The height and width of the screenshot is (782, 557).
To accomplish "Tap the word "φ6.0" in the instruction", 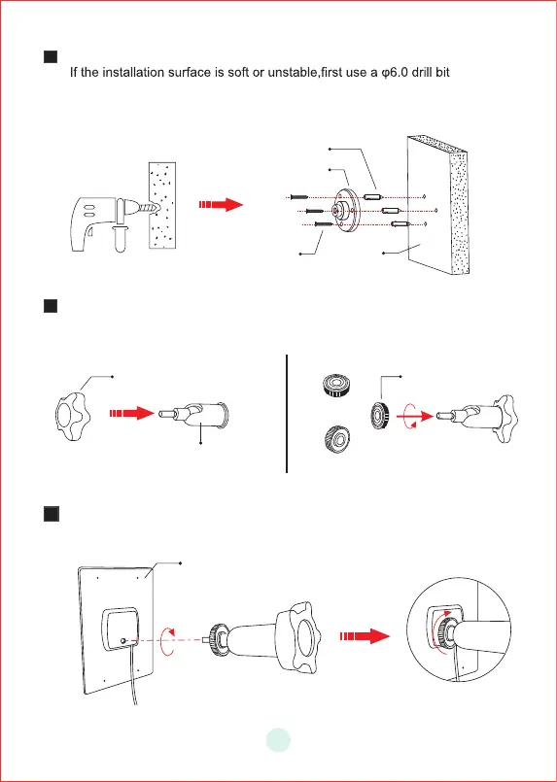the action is [393, 73].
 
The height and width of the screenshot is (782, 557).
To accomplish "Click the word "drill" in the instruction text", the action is [422, 72].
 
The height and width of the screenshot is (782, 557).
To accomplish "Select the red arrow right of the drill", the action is [221, 204].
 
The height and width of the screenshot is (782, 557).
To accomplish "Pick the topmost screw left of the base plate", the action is [300, 198].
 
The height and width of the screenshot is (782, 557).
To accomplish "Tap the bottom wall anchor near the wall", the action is [400, 224].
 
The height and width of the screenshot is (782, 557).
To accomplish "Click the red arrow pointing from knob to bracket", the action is [132, 414].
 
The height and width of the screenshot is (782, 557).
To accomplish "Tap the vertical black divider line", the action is [287, 414].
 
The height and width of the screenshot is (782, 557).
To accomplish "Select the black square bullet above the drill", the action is [51, 56].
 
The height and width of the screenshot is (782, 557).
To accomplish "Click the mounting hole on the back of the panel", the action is [123, 640].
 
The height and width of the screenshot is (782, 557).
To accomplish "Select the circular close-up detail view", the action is [459, 629].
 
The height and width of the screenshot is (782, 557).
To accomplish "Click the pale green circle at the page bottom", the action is [278, 740].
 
